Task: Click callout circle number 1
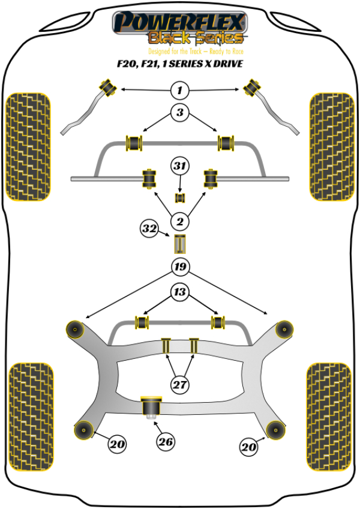pos(179,91)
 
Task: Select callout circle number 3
pos(179,112)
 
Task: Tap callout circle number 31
pos(179,166)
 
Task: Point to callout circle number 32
pos(149,228)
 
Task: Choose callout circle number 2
pos(179,222)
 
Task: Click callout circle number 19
pos(179,267)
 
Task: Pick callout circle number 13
pos(179,292)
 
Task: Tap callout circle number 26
pos(166,443)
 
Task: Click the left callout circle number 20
pos(117,445)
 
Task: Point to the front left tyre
pos(27,146)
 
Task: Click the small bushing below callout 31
pos(179,197)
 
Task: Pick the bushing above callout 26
pos(149,406)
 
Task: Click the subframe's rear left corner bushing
pos(82,429)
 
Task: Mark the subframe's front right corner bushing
pos(283,329)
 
